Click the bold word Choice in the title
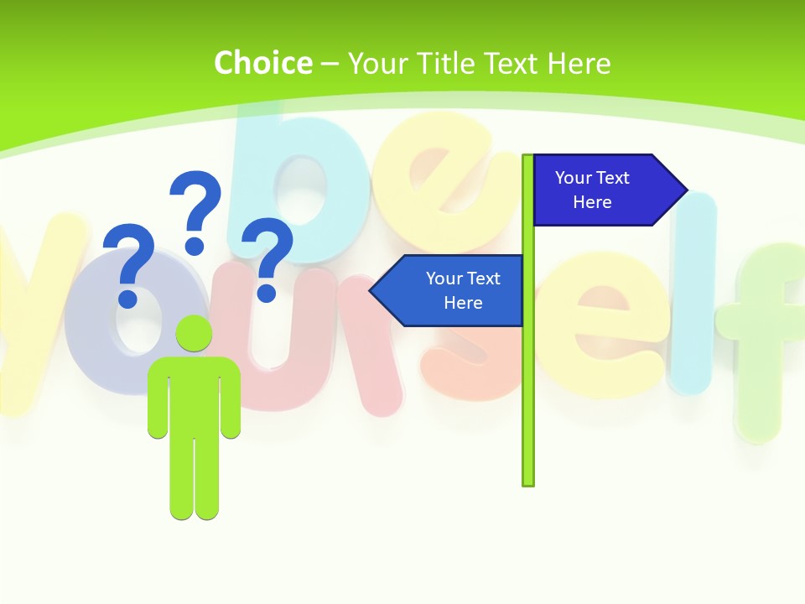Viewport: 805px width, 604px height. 262,63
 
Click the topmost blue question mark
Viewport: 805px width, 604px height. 196,206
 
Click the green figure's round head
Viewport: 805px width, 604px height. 195,333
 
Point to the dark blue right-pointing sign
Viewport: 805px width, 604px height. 600,190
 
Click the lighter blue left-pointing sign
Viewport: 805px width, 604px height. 453,290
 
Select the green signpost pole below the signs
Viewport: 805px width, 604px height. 528,403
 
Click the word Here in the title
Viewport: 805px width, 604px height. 579,63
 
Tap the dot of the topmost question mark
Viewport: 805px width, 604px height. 195,246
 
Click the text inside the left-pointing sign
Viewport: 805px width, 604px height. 463,290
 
